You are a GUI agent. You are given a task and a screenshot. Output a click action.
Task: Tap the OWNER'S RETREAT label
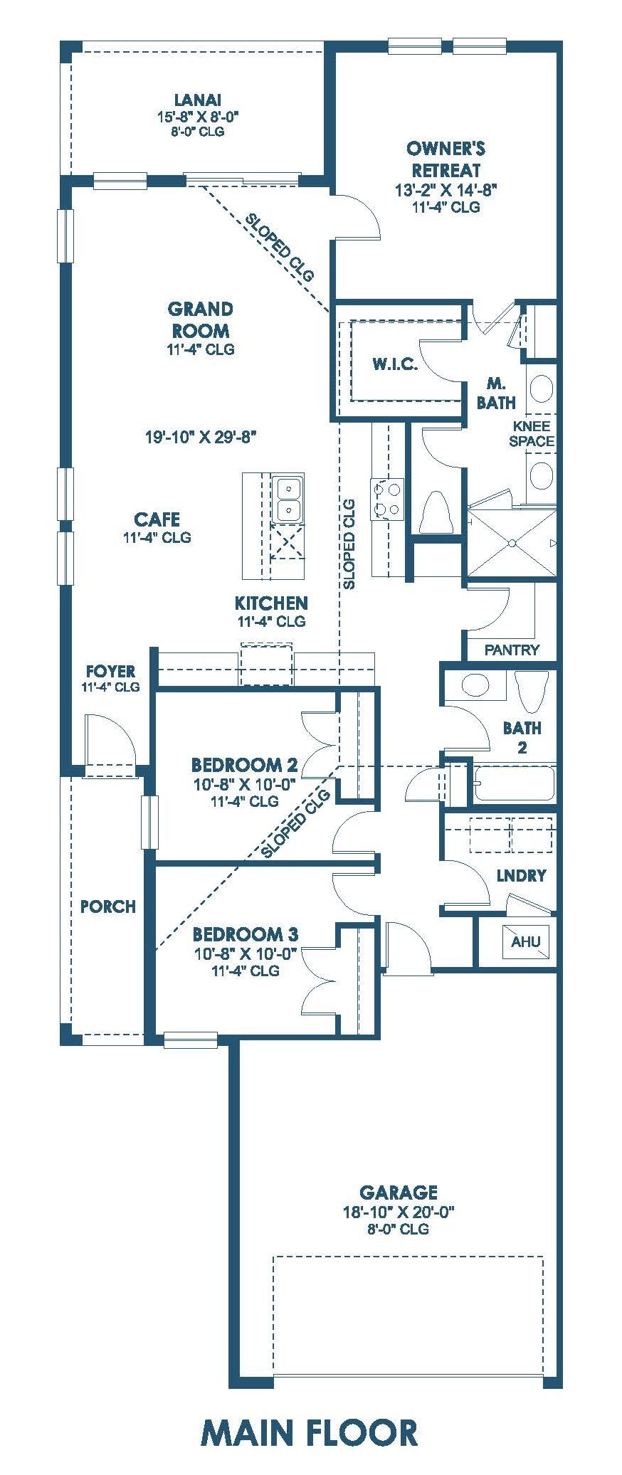coord(446,159)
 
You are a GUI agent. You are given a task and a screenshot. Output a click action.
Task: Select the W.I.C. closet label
coord(395,364)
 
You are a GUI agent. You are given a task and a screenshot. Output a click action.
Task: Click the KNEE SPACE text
coord(532,433)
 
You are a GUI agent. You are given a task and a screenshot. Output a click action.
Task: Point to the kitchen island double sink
coord(289,498)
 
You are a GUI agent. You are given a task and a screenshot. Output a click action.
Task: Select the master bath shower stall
coord(511,544)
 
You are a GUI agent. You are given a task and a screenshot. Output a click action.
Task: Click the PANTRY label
coord(512,650)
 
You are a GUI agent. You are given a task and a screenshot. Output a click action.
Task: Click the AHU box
coord(526,941)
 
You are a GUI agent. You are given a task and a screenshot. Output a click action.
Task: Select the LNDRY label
coord(522,875)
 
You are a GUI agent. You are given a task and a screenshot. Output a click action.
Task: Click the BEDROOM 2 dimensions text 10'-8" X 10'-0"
coord(244,785)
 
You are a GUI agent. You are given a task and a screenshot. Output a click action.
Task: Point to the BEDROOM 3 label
coord(245,934)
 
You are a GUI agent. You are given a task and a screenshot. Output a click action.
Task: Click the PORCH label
coord(108,906)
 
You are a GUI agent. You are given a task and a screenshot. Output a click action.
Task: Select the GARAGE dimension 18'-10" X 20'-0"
coord(399,1212)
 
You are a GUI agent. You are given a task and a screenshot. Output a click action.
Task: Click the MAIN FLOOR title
coord(310,1433)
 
